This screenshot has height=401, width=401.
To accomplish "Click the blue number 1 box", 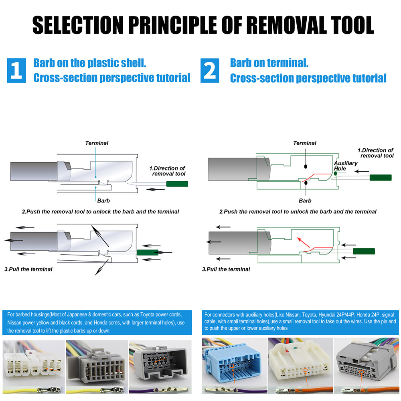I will pos(16,70).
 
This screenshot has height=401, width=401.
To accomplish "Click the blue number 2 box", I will pos(210,70).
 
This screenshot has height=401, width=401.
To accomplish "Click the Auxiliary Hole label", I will pos(345,166).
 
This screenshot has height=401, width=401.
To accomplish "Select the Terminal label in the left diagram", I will pos(97,143).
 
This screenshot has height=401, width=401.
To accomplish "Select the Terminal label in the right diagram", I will pos(304,143).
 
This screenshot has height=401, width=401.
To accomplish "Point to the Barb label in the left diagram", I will pos(103,200).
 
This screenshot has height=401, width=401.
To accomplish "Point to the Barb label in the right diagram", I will pos(305,200).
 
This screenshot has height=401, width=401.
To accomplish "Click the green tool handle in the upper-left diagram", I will pos(177,184).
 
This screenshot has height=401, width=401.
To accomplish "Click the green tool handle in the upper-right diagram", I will pos(380,177).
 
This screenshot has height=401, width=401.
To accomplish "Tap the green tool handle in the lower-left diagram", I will pos(148,252).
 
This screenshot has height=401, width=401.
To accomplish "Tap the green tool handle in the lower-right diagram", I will pos(364,251).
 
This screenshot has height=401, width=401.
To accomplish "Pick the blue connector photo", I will pos(233,361).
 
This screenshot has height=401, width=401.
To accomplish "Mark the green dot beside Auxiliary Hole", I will pos(336,173).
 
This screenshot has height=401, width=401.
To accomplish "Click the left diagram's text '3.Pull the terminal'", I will pos(28,269).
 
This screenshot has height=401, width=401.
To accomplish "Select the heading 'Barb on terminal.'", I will pos(269,63).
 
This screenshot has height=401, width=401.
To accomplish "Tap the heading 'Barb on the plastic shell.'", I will pos(90,63).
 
